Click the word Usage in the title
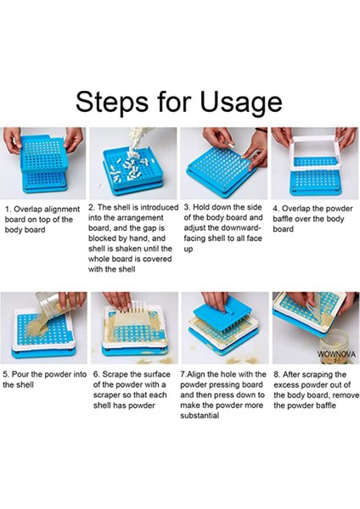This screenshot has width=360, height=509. point(241,103)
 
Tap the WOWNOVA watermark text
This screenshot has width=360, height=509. point(336,354)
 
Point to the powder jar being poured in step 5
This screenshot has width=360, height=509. point(52,305)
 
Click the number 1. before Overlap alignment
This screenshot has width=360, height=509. point(8,209)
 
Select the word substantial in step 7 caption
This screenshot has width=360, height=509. point(200,416)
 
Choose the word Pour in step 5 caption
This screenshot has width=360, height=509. point(19,375)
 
